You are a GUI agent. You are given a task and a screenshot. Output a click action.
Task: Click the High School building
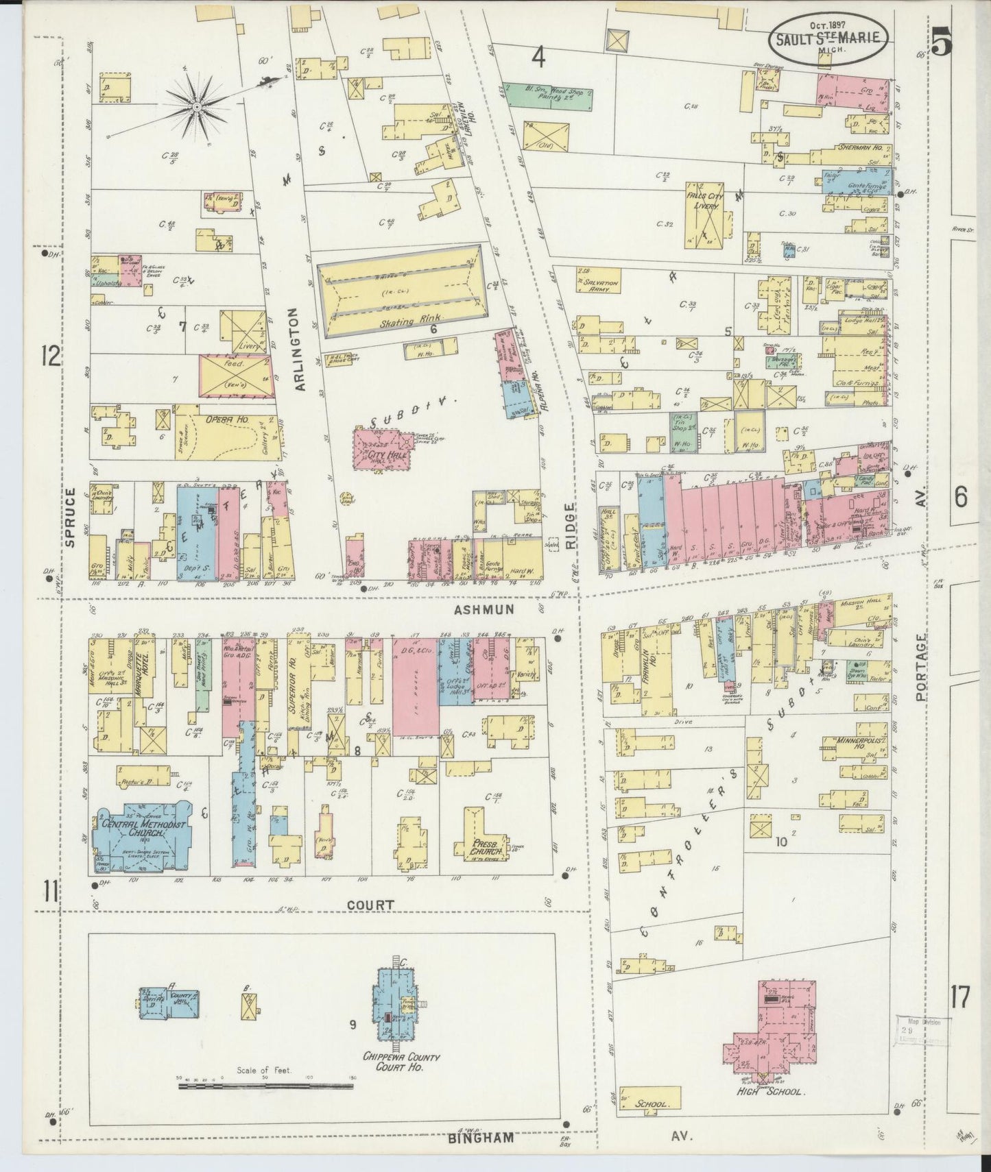coord(775,1035)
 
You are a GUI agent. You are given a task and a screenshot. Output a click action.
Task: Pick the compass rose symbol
coord(197,106)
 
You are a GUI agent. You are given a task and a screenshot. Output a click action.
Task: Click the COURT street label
coord(370,904)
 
